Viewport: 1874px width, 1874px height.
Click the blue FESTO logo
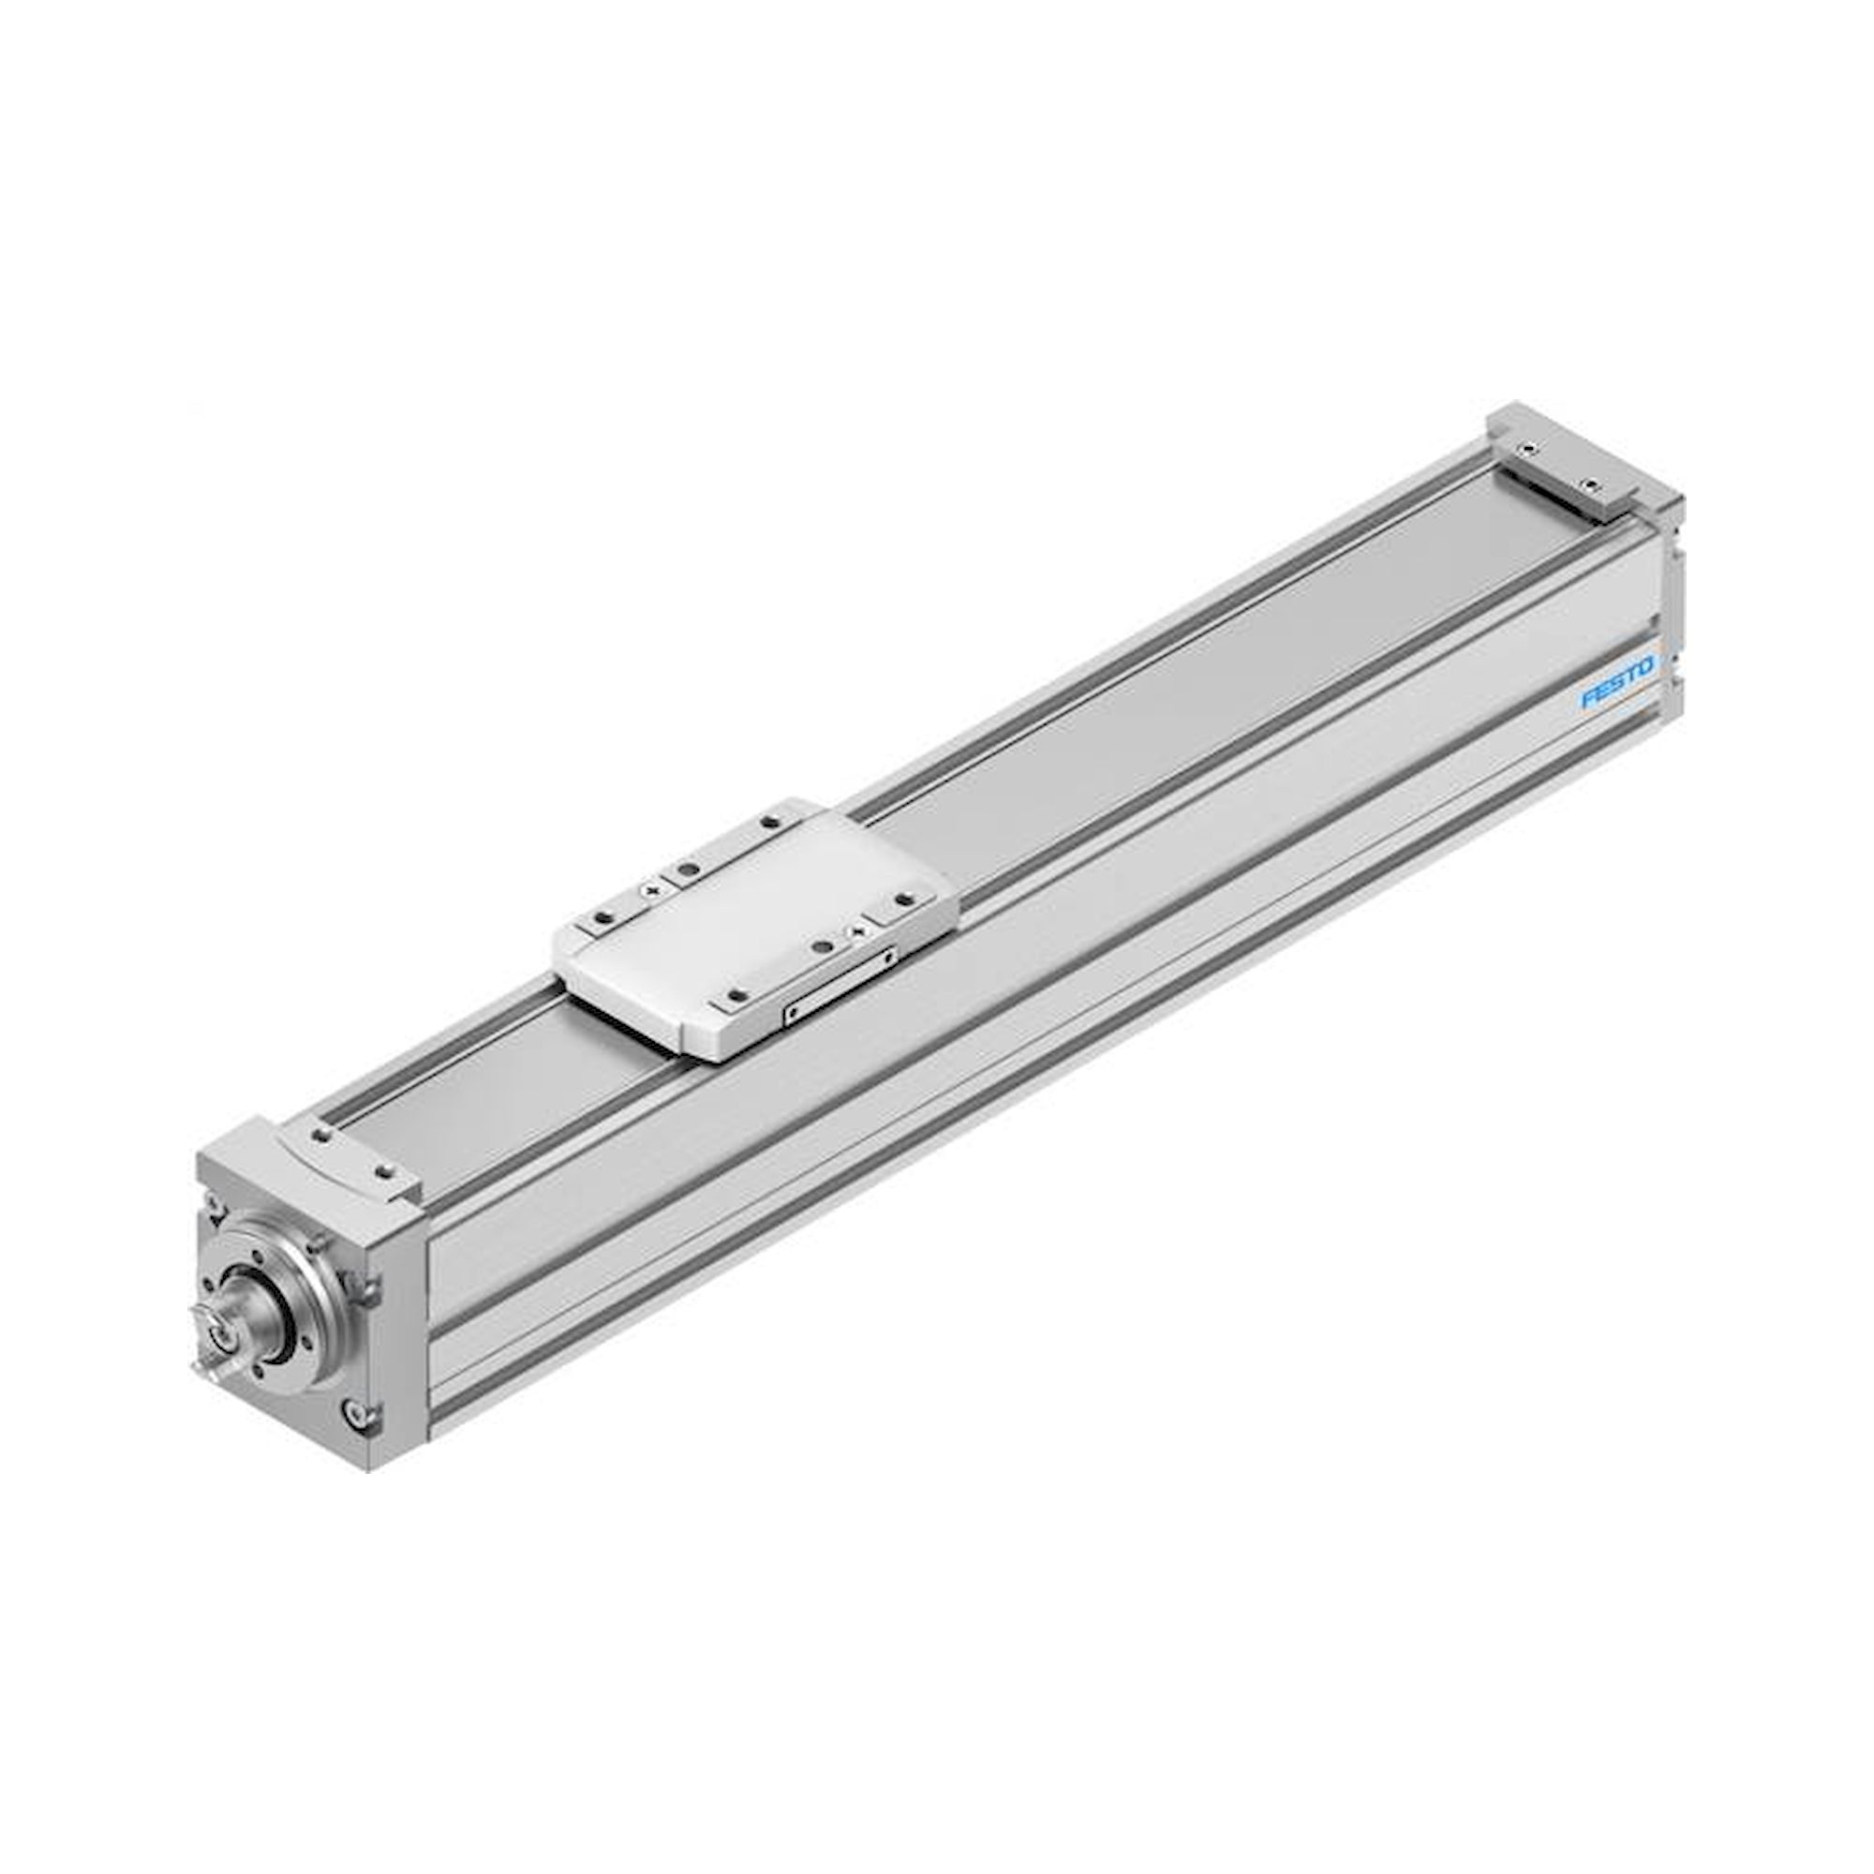tap(1617, 681)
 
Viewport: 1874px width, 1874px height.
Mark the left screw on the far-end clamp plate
tap(1528, 449)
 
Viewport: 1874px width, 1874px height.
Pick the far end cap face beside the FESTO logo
tap(1672, 621)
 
